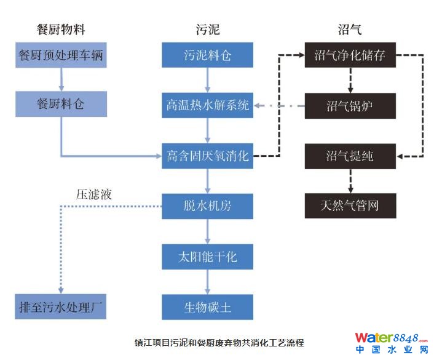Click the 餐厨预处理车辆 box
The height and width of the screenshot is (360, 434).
pyautogui.click(x=61, y=56)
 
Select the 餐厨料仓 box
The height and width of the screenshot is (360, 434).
pyautogui.click(x=61, y=104)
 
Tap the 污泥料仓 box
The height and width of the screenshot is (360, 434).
pyautogui.click(x=208, y=56)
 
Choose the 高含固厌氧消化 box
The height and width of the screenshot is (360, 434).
pyautogui.click(x=208, y=156)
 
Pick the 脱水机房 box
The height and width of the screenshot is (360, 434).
pyautogui.click(x=208, y=206)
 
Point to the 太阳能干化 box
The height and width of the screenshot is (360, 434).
pyautogui.click(x=208, y=256)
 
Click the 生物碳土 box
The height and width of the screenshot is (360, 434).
pyautogui.click(x=208, y=306)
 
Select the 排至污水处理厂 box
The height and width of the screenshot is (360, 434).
pyautogui.click(x=61, y=306)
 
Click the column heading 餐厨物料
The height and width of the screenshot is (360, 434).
pyautogui.click(x=61, y=29)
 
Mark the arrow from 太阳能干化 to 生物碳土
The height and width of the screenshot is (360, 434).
pyautogui.click(x=208, y=281)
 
